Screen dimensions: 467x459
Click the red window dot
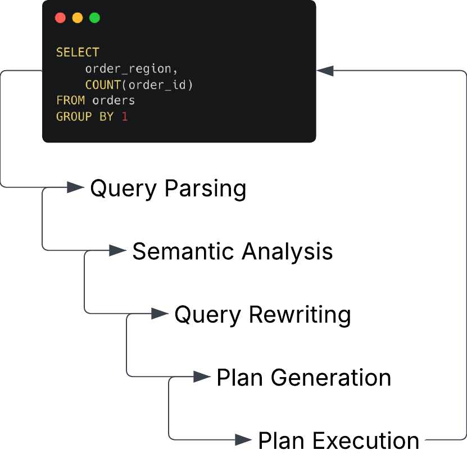60,18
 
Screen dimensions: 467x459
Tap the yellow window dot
78,18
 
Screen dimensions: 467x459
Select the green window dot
95,18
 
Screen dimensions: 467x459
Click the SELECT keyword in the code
78,52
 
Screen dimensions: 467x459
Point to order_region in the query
128,69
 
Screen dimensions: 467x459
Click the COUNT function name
103,85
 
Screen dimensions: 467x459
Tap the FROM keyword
71,100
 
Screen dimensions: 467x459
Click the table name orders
114,100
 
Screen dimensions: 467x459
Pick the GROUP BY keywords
85,117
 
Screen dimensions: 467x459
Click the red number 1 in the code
125,117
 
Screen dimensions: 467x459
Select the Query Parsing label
168,189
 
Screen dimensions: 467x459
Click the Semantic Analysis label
233,251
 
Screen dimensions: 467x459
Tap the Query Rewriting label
262,315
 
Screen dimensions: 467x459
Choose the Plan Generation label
304,378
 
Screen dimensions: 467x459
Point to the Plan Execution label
339,440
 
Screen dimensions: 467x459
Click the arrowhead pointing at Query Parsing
76,187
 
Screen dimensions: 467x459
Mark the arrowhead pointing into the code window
325,71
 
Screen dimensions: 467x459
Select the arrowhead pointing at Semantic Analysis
117,250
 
